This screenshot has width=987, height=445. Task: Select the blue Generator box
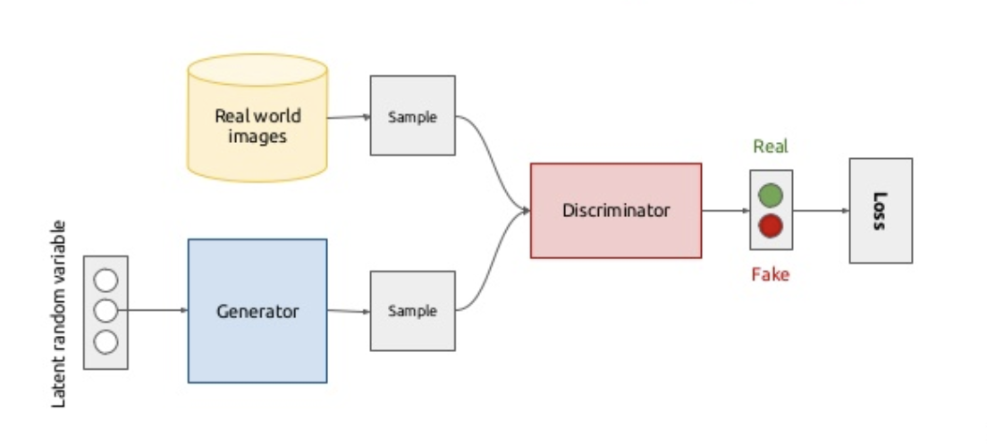257,311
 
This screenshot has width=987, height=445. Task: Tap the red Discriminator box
615,211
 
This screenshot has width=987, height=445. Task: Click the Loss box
881,211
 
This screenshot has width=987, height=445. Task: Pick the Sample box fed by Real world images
412,116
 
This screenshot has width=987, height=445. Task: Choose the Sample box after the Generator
412,311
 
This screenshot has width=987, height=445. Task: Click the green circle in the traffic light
771,195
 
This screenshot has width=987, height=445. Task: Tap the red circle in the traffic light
771,226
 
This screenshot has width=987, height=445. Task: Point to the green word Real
771,147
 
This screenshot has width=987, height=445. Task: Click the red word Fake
770,274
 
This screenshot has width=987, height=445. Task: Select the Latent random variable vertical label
60,313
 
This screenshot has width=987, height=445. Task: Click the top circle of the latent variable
105,281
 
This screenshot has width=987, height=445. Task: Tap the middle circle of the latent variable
105,311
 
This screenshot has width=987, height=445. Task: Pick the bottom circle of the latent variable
105,341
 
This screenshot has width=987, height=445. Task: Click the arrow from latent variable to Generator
156,311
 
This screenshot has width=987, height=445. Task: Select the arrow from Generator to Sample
349,311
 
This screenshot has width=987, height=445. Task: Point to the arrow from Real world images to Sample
349,117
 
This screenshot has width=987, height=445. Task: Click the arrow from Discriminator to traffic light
725,211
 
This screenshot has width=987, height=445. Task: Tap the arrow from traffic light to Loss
821,211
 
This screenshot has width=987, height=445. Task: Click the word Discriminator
615,211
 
